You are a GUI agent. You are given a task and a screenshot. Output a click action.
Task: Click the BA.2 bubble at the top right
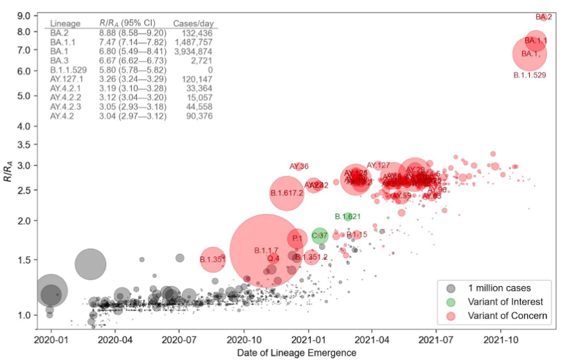click(544, 17)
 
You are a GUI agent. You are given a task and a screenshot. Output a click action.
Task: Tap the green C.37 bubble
click(320, 235)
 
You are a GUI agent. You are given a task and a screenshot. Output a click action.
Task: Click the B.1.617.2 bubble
click(287, 192)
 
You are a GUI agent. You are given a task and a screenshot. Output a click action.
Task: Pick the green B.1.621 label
click(348, 217)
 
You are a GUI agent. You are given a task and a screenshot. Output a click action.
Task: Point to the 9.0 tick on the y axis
click(24, 15)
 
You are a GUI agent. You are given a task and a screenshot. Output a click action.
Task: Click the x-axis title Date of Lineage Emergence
click(296, 352)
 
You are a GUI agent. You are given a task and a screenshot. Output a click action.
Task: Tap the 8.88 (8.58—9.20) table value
click(132, 33)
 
